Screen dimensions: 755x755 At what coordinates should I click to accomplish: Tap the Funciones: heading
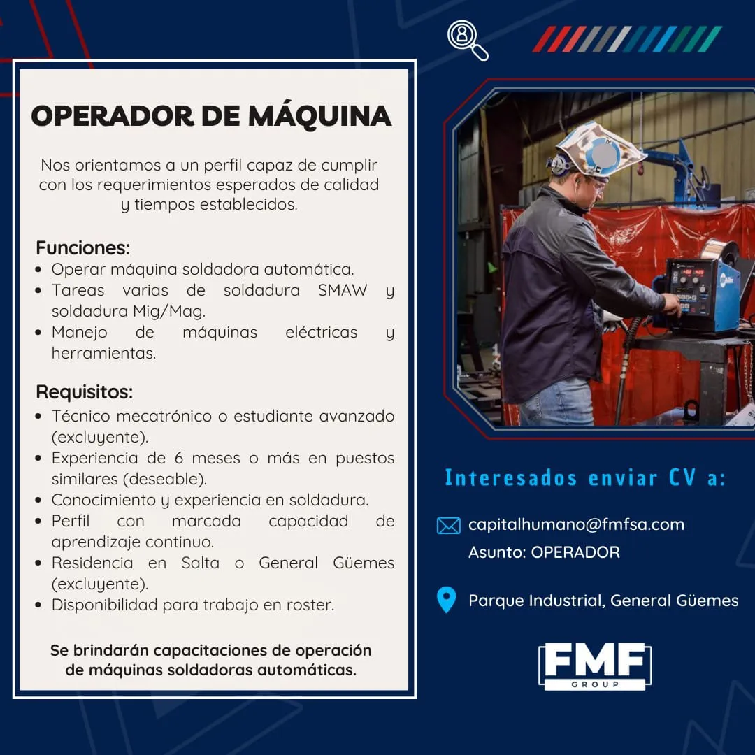pyautogui.click(x=82, y=248)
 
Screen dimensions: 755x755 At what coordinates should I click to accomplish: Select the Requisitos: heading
pyautogui.click(x=85, y=392)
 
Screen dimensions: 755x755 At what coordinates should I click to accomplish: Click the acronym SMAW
pyautogui.click(x=343, y=290)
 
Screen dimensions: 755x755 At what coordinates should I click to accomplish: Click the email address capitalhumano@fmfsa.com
pyautogui.click(x=576, y=524)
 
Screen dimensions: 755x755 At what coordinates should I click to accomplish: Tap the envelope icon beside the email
pyautogui.click(x=448, y=525)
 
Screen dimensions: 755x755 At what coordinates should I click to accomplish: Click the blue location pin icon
pyautogui.click(x=446, y=600)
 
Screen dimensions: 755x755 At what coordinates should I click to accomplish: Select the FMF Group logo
pyautogui.click(x=595, y=666)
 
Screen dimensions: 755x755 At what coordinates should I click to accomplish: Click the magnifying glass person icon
pyautogui.click(x=467, y=39)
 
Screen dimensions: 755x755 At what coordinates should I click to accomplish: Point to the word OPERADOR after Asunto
pyautogui.click(x=575, y=552)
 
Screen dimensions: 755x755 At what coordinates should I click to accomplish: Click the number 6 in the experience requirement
pyautogui.click(x=179, y=458)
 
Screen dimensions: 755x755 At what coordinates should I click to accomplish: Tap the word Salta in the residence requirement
pyautogui.click(x=200, y=563)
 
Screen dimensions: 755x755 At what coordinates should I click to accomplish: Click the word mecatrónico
pyautogui.click(x=164, y=416)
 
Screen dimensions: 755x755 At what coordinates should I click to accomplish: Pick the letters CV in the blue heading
pyautogui.click(x=682, y=477)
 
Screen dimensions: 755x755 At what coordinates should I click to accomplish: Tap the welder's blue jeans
pyautogui.click(x=559, y=402)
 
